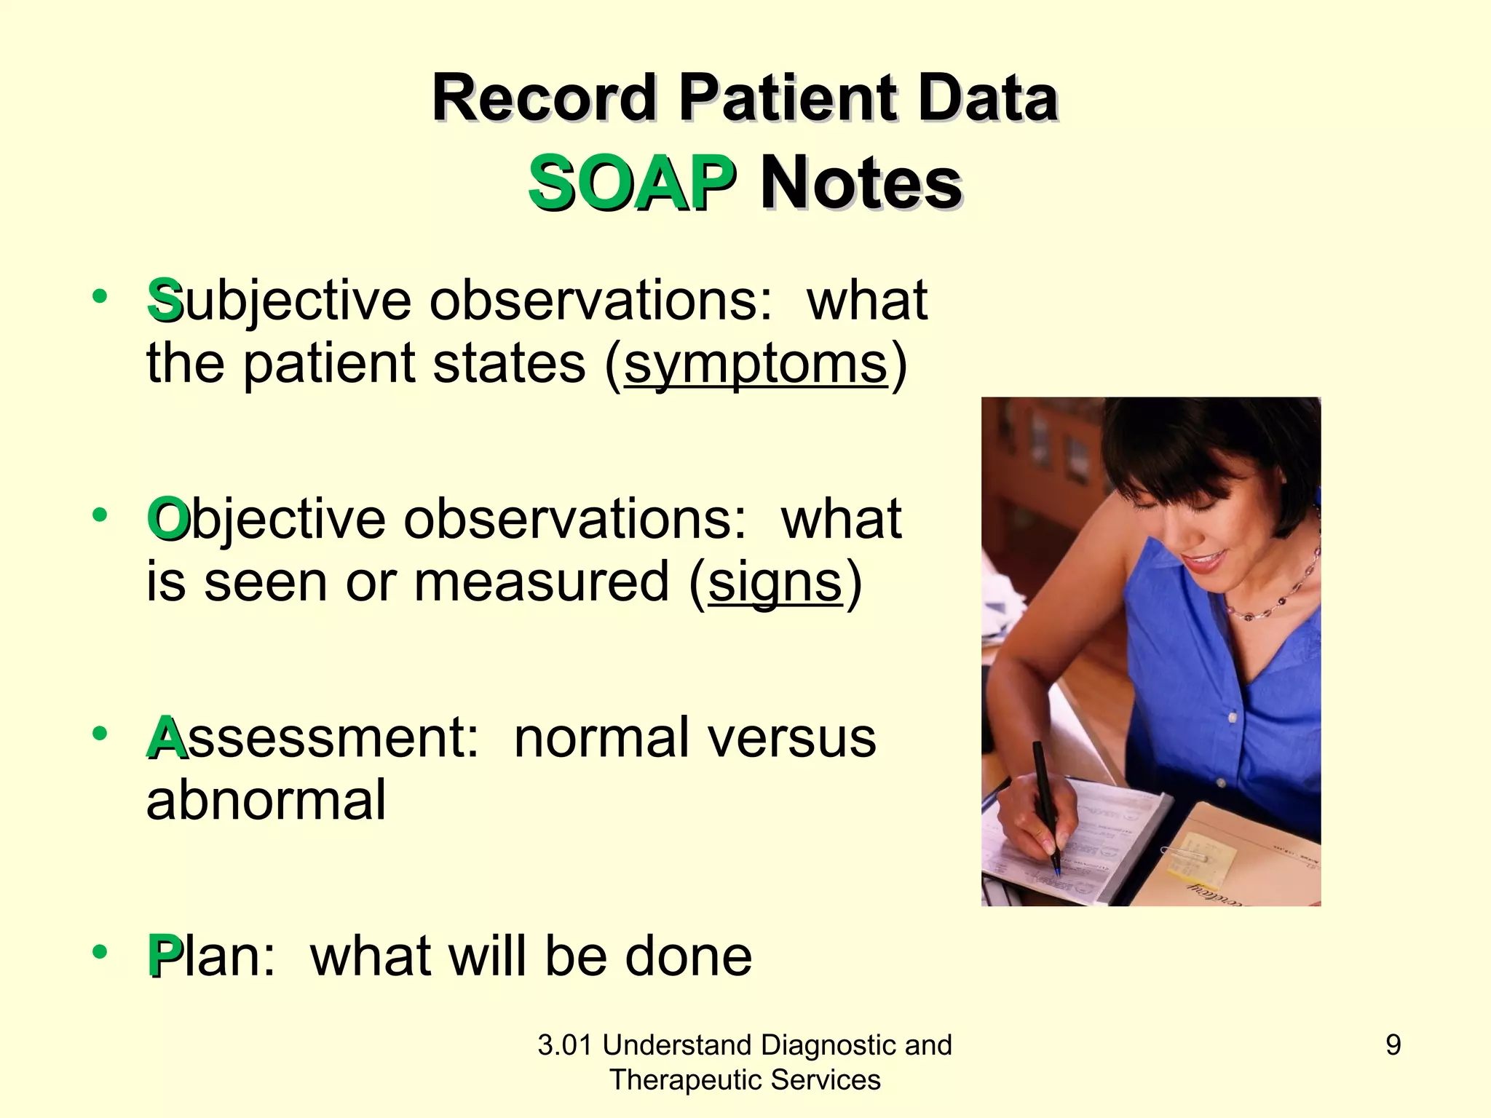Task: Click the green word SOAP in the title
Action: click(x=630, y=183)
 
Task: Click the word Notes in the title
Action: click(x=861, y=183)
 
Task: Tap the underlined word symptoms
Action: click(x=756, y=363)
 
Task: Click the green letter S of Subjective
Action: click(x=164, y=301)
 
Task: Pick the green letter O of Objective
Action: click(x=167, y=520)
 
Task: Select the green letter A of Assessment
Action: click(x=166, y=738)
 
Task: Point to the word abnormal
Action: click(x=266, y=800)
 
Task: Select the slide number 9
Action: click(x=1393, y=1045)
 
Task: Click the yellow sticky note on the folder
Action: click(x=1201, y=859)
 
